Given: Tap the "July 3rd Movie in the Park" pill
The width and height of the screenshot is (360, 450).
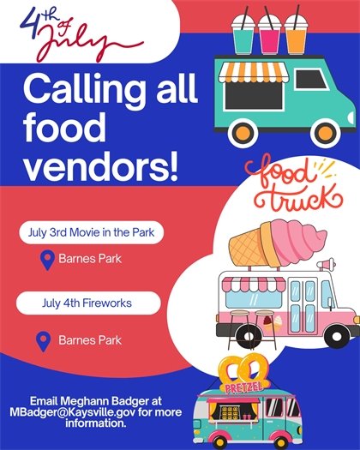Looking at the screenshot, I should click(92, 232).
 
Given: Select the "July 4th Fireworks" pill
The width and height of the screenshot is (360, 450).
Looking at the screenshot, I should click(89, 303).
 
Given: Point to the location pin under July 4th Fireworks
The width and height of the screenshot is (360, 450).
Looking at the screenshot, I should click(41, 341).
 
